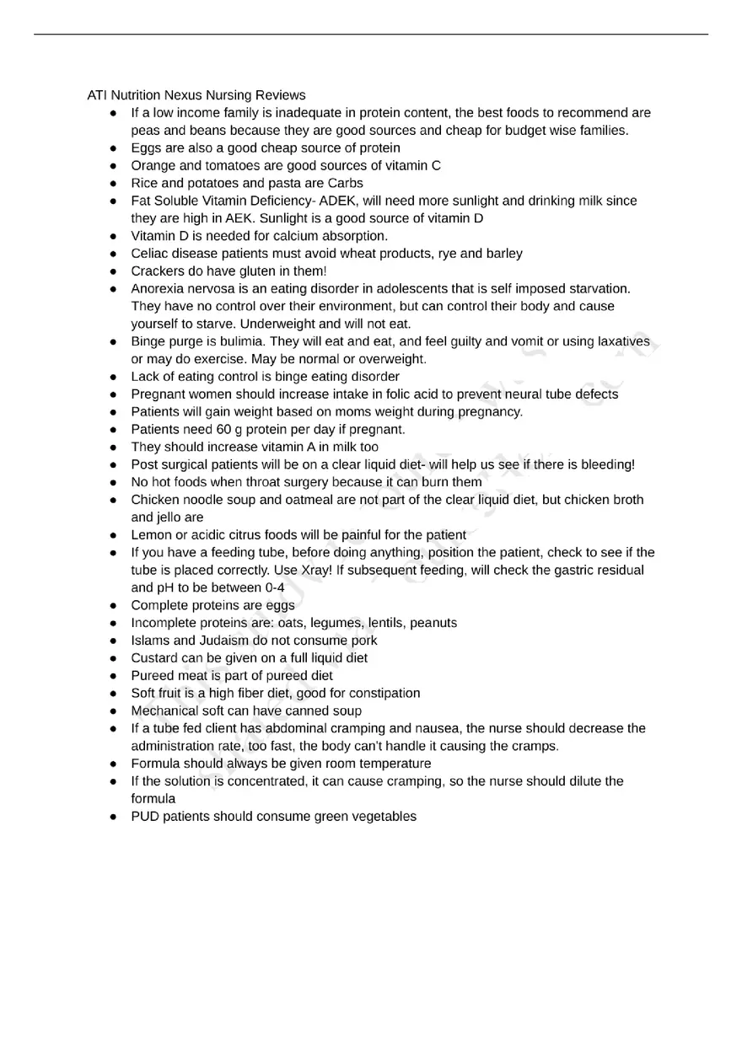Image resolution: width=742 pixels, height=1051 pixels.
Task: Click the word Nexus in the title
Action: tap(182, 95)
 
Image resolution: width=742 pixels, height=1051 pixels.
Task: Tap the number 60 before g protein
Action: tap(224, 429)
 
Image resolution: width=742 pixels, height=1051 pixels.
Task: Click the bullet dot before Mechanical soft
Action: tap(113, 711)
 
